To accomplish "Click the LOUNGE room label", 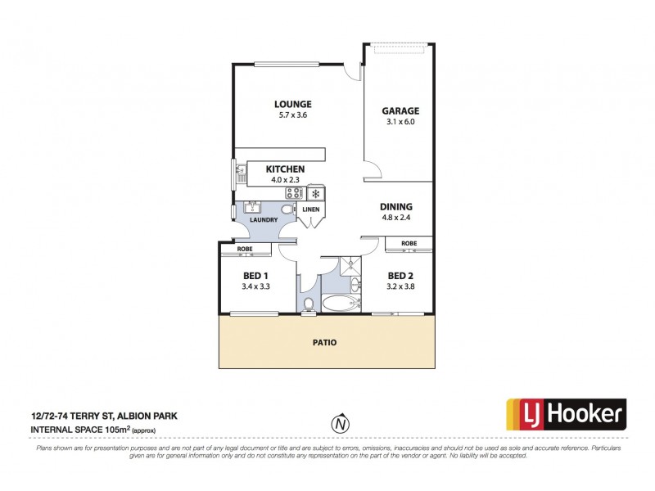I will (x=292, y=104).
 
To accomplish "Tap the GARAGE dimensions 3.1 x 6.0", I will (x=400, y=122).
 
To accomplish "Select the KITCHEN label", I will (x=284, y=169).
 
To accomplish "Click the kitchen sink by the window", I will (x=242, y=173).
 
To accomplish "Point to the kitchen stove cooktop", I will (x=293, y=194).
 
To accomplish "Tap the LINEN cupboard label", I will (x=311, y=209).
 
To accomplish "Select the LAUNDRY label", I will (x=264, y=219).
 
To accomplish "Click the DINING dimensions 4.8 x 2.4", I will (x=395, y=218).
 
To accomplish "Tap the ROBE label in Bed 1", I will (x=244, y=249).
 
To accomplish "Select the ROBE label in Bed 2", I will (x=409, y=243).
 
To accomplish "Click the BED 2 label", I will (x=400, y=275).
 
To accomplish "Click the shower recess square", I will (x=350, y=265).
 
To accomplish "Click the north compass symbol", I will (x=338, y=424).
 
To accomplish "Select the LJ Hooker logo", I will (x=566, y=415).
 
